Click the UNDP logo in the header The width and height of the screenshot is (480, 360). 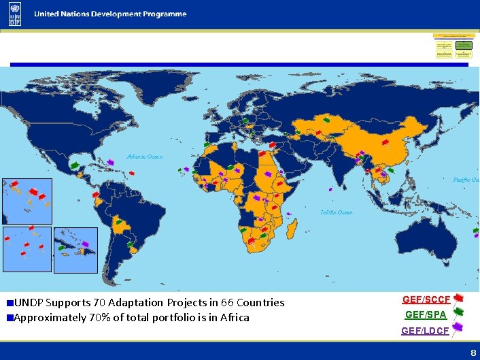(x=15, y=14)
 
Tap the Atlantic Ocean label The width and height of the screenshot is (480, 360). (x=144, y=157)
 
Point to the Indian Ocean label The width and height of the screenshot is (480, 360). (x=337, y=212)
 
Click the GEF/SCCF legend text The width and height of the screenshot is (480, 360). (x=426, y=299)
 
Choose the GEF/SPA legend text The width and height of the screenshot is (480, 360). (x=426, y=314)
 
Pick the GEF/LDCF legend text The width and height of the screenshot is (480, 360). (x=425, y=331)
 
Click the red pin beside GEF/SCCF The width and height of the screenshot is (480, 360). (x=459, y=298)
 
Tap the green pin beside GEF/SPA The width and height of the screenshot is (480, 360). (x=458, y=312)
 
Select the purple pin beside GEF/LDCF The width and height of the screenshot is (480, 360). (x=458, y=327)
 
